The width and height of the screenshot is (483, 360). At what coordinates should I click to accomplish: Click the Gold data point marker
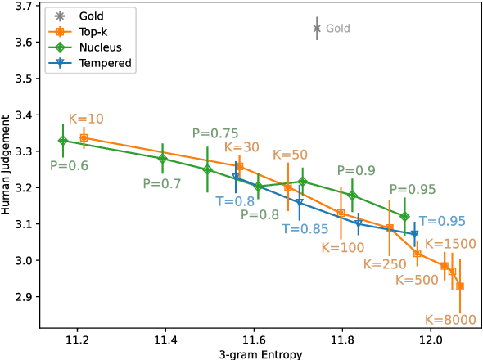tap(317, 29)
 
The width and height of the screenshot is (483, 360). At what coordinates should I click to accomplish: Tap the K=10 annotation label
tap(86, 119)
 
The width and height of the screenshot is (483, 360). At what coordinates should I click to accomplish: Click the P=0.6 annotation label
tap(70, 164)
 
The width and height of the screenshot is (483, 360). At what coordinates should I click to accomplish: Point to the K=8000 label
tap(449, 320)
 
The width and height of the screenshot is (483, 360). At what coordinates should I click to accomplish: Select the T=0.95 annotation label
tap(442, 221)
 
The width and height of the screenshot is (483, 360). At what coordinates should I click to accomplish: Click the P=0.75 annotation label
tap(215, 133)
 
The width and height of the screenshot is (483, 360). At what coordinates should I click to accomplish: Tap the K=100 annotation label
tap(343, 246)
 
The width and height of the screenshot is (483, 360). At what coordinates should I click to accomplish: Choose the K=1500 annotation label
tap(449, 244)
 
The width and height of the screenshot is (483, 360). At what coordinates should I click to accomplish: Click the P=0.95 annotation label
tap(413, 190)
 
